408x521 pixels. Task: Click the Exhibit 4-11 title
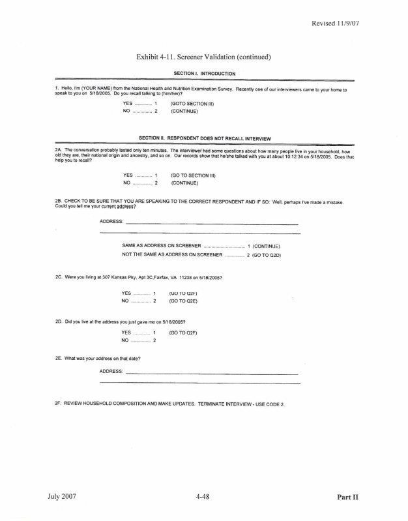tap(203, 57)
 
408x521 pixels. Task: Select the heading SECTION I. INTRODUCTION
tap(205, 73)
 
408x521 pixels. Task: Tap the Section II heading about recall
tap(205, 138)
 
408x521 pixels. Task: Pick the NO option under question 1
tap(140, 112)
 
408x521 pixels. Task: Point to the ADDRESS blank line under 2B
tap(212, 222)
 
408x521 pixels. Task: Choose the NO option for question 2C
tap(139, 301)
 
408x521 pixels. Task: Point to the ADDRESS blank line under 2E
tap(212, 373)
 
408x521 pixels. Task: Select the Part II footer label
tap(347, 498)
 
